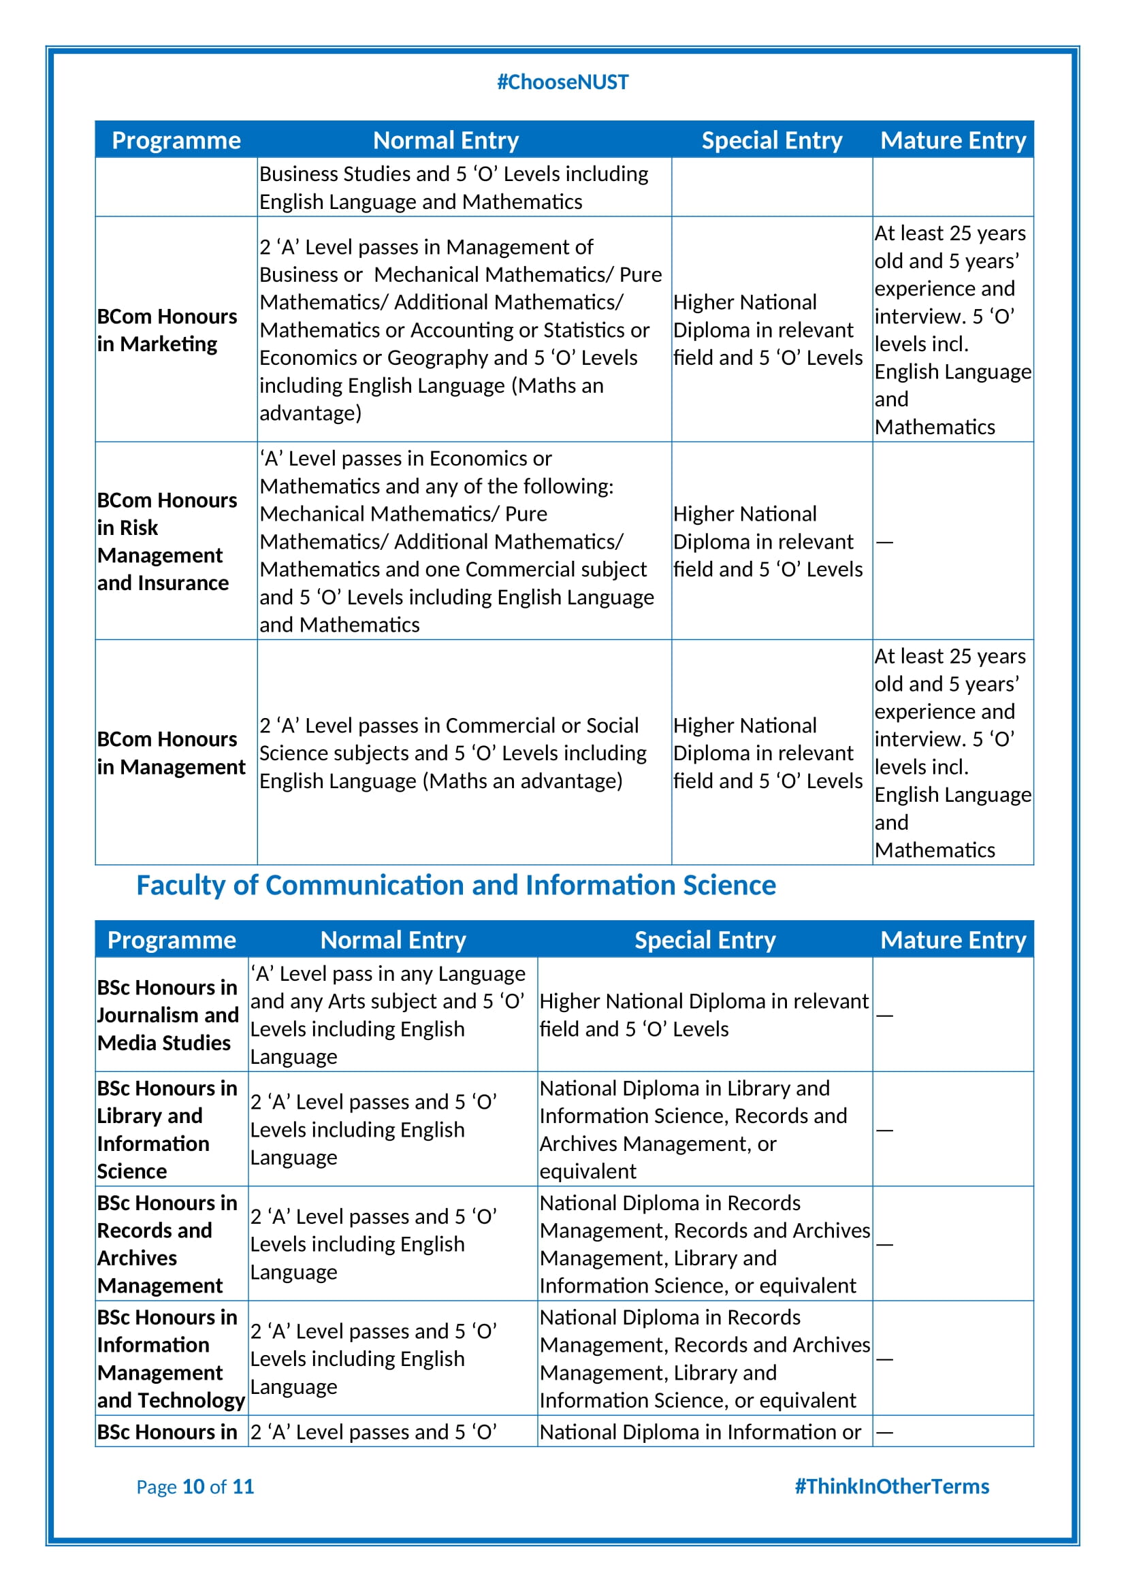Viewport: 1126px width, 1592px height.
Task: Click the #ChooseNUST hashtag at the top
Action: (x=562, y=82)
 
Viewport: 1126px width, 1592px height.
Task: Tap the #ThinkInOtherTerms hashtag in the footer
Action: (x=891, y=1487)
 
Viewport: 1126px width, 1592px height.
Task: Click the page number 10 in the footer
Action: (x=193, y=1487)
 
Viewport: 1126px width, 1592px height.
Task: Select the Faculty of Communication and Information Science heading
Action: (x=455, y=886)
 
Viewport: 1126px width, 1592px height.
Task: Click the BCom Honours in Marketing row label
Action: (x=166, y=330)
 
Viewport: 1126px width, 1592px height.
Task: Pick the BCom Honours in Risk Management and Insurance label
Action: (x=166, y=542)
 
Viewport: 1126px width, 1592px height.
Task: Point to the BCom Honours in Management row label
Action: (x=171, y=753)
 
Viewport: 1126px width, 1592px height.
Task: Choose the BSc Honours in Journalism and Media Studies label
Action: (x=167, y=1015)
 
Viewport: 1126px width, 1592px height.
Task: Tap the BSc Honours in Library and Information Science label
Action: (x=166, y=1130)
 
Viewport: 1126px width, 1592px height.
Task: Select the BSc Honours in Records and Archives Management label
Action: (x=166, y=1244)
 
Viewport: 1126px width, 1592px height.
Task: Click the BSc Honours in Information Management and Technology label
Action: (x=171, y=1359)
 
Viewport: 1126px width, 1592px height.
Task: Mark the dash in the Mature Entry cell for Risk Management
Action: (x=884, y=542)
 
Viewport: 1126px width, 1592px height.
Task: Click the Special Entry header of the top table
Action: (x=772, y=141)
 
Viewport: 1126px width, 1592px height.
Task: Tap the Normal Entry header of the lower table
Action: (x=393, y=940)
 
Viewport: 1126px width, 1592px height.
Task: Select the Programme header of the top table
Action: (x=176, y=141)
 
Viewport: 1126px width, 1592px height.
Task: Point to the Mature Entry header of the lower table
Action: (x=952, y=940)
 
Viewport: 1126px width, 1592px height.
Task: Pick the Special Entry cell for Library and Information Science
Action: (x=693, y=1130)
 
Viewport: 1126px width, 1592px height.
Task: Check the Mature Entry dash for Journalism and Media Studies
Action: (x=884, y=1016)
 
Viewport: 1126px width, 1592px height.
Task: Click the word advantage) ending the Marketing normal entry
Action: (x=310, y=413)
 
